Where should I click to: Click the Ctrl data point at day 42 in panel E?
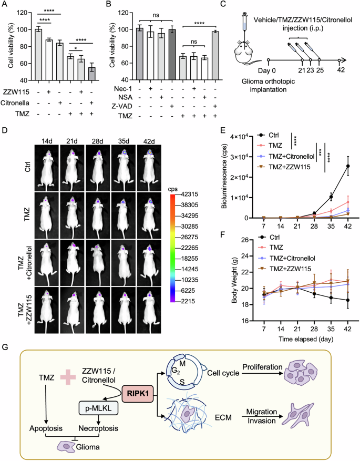347,166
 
